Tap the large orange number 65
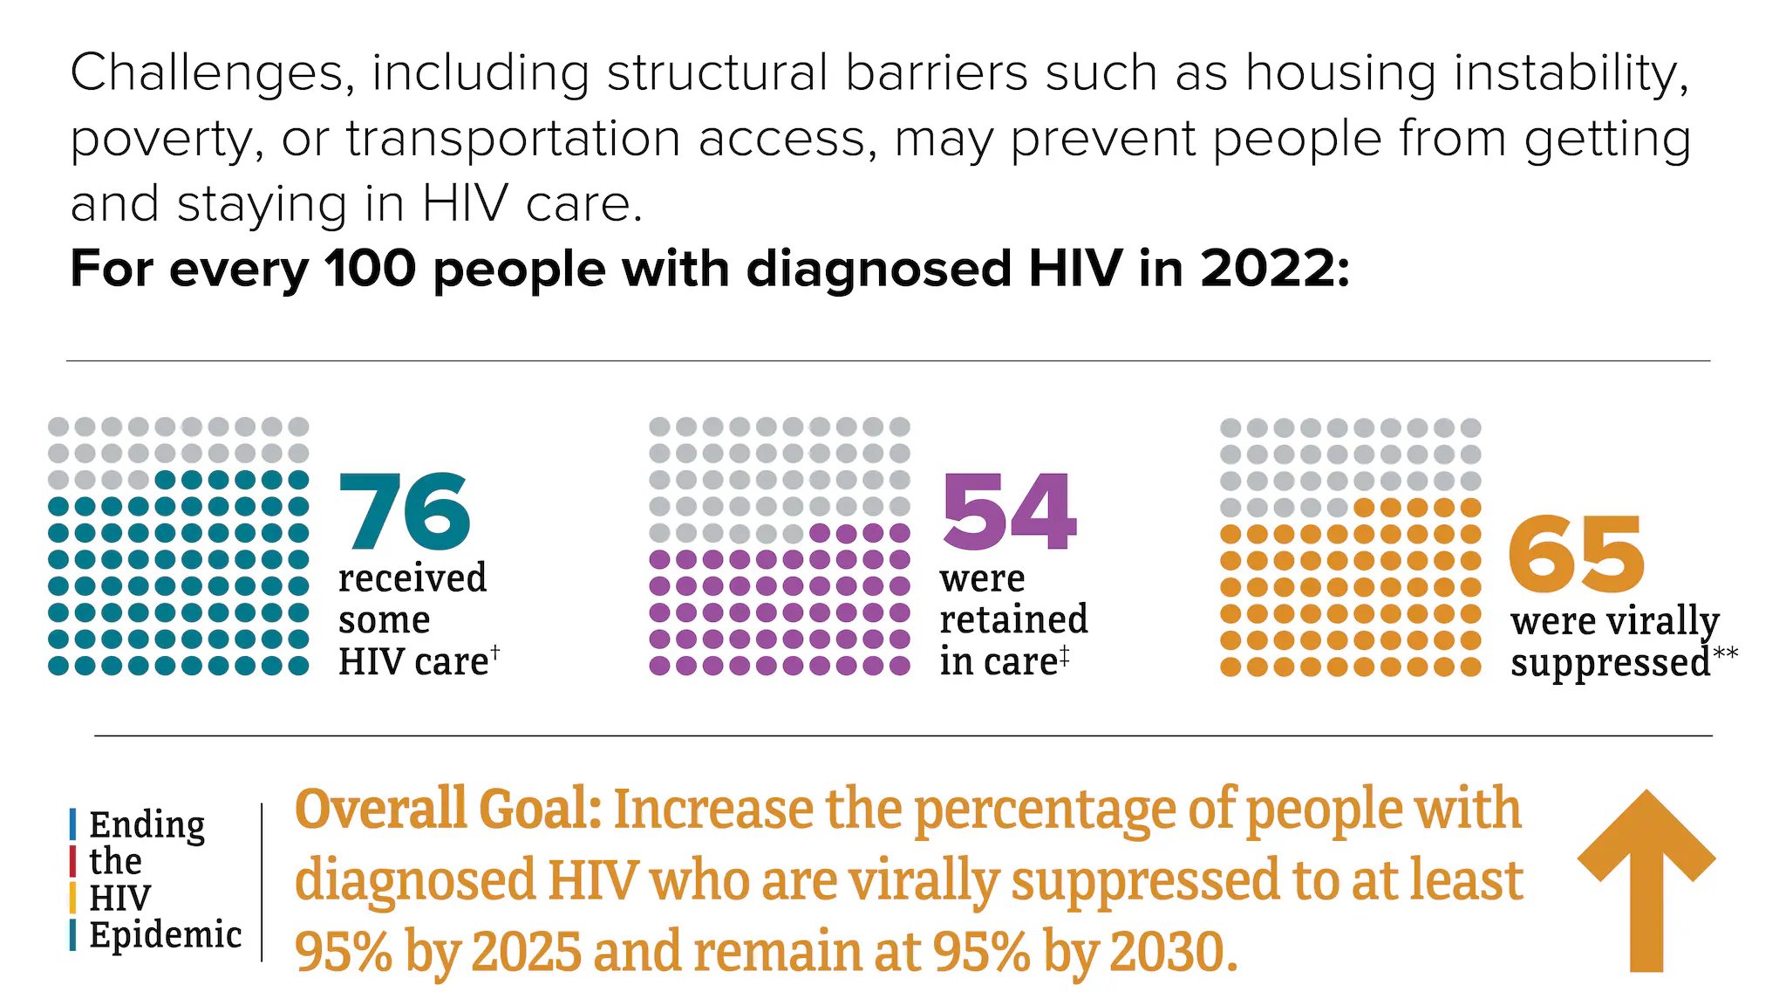1576,554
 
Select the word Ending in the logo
147,825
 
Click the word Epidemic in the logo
165,935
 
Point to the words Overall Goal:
448,809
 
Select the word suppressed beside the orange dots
1610,664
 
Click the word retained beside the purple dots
1013,619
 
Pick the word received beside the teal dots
412,578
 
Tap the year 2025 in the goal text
526,952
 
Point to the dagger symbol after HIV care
495,651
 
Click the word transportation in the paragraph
513,140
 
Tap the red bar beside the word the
73,861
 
